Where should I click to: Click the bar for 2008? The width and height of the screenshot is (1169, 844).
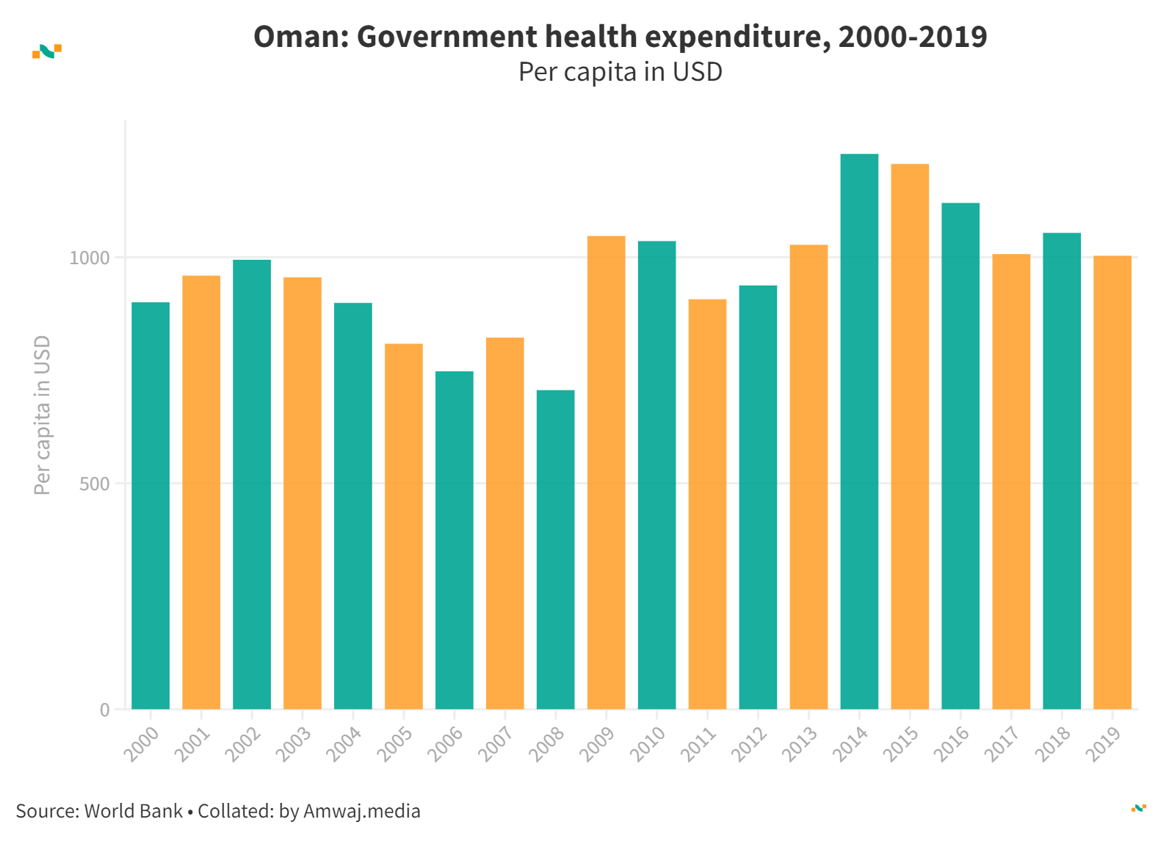(x=555, y=550)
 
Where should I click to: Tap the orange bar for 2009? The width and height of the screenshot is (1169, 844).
(x=606, y=473)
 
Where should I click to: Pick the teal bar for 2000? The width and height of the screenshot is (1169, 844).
(x=151, y=506)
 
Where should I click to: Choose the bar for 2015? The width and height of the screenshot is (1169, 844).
(x=910, y=437)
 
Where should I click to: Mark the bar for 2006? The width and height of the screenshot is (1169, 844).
(x=454, y=540)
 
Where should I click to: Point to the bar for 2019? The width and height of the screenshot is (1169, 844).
(x=1112, y=482)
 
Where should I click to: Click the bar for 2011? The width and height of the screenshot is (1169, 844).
(x=707, y=504)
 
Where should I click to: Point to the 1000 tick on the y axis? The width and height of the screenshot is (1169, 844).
(x=90, y=258)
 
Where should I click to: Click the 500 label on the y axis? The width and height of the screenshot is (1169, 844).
(x=94, y=484)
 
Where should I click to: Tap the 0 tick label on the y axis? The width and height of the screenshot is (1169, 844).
(x=105, y=710)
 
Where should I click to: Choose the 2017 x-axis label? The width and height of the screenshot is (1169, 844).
(x=1002, y=743)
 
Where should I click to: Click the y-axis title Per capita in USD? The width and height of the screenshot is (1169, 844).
(x=43, y=415)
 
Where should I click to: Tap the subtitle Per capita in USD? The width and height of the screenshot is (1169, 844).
(x=620, y=72)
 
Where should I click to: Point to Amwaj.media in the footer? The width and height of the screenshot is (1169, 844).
(x=361, y=811)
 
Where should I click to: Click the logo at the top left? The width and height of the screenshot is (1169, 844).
(x=47, y=51)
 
